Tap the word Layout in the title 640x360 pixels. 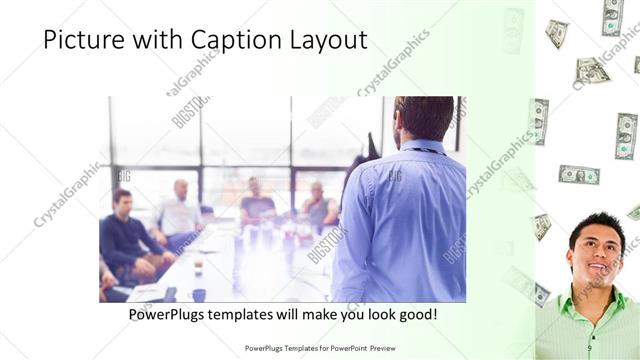(331, 41)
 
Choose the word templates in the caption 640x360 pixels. (263, 315)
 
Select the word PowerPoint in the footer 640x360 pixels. (343, 349)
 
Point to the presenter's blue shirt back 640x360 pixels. (405, 220)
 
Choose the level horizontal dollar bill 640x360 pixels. (578, 174)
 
